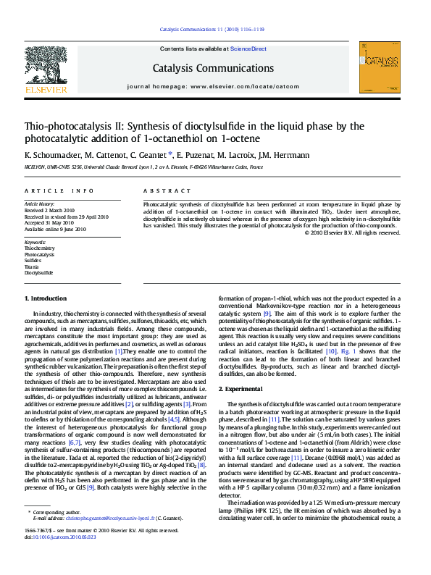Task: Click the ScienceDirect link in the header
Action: coord(248,49)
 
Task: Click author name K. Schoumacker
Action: coord(49,155)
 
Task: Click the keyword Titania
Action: coord(33,266)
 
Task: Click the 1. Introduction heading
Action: coord(47,298)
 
